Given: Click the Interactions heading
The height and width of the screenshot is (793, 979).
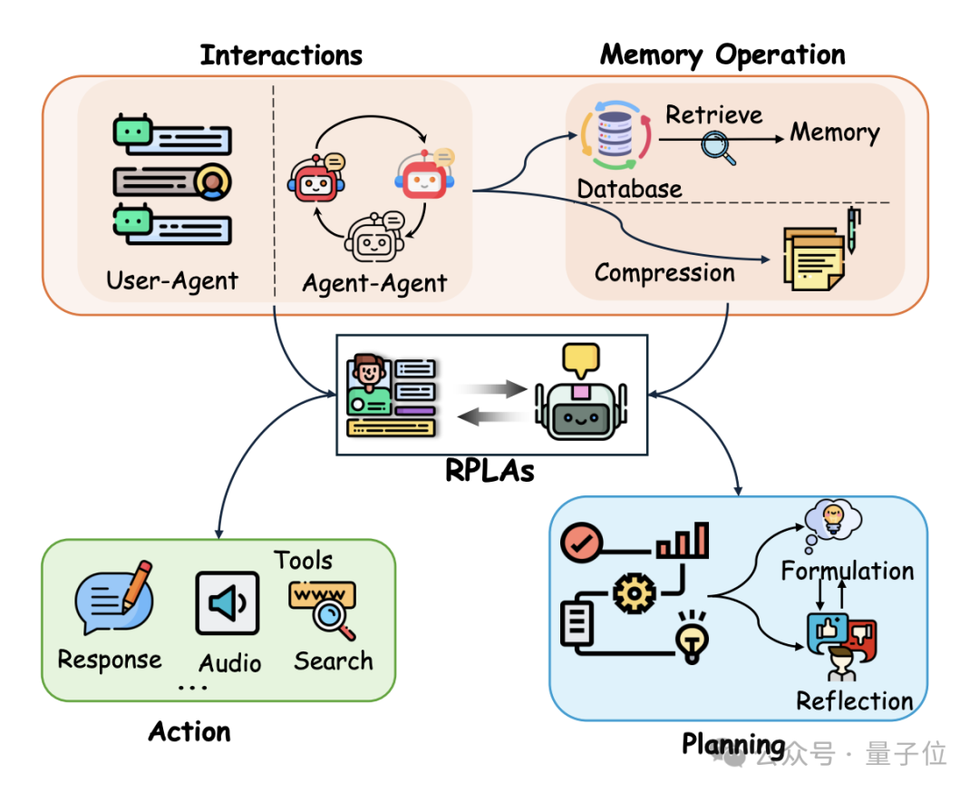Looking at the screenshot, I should [281, 55].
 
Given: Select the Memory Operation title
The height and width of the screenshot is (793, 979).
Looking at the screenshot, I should [722, 55].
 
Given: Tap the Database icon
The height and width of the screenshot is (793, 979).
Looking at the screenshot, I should [616, 136].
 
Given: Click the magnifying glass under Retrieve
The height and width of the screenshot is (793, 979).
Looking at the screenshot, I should [719, 145].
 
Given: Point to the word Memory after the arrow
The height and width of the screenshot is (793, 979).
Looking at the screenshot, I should [835, 133].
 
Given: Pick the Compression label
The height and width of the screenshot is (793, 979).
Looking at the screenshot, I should [664, 272].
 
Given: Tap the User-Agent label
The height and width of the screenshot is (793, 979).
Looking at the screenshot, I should [172, 280].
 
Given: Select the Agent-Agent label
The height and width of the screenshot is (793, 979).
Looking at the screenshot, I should [374, 283].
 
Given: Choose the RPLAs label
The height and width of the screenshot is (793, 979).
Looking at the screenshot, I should [490, 470].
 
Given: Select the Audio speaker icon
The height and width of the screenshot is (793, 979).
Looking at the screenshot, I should [228, 603].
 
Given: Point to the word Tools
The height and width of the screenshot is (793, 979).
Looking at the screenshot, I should [304, 560].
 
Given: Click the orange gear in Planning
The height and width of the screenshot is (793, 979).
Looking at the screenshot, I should [634, 593].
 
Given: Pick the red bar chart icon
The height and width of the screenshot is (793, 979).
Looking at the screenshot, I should [683, 541].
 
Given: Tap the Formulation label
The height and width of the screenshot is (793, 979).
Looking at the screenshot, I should [848, 571].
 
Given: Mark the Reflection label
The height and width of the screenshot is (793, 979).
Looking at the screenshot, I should [855, 700].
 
